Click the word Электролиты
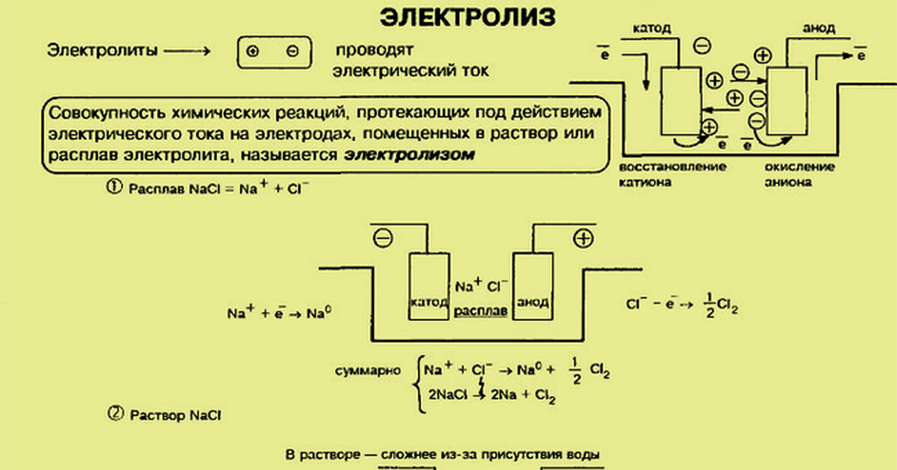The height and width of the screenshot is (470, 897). click(102, 51)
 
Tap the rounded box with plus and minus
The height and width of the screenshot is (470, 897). click(272, 52)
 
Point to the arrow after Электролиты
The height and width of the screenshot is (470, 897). click(187, 51)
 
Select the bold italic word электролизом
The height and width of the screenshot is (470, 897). click(410, 156)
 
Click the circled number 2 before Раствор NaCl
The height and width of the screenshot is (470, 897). click(116, 412)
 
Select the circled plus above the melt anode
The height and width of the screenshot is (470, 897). click(582, 238)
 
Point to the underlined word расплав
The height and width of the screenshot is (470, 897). click(481, 308)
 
